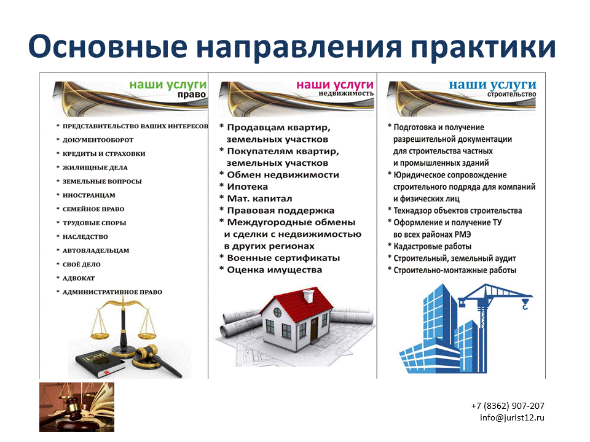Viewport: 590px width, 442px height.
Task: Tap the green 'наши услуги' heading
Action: click(168, 85)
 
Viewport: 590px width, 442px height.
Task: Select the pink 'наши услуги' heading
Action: click(335, 85)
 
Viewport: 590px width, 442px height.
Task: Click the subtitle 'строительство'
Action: click(511, 94)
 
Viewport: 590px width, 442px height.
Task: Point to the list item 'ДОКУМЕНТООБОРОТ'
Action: click(98, 140)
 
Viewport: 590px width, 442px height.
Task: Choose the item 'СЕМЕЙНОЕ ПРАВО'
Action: click(93, 209)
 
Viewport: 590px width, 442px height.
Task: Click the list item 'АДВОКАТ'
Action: click(79, 279)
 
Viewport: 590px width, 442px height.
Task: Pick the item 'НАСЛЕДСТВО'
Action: click(85, 237)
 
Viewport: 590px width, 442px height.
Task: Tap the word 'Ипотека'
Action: click(247, 187)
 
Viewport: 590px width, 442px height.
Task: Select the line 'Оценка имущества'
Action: click(274, 270)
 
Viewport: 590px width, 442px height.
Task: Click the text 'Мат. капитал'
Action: click(259, 199)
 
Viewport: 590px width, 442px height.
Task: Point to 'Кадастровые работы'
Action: click(432, 247)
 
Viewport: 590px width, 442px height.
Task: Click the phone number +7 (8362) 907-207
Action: click(508, 406)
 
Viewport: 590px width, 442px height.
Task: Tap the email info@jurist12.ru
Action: click(512, 417)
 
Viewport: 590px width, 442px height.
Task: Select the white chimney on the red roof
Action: click(309, 296)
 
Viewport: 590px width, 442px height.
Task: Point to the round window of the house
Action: click(277, 312)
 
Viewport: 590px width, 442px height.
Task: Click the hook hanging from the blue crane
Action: click(525, 304)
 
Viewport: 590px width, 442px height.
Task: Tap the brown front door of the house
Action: click(314, 330)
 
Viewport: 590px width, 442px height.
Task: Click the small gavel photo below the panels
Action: click(77, 407)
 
